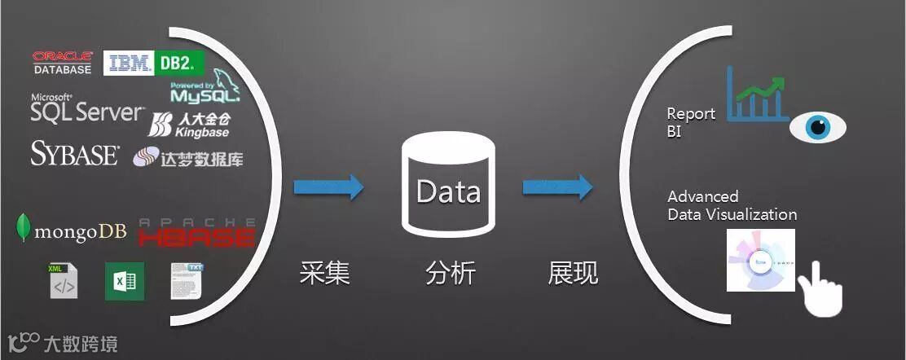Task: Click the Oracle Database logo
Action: pyautogui.click(x=62, y=63)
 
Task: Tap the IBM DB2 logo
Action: pyautogui.click(x=153, y=63)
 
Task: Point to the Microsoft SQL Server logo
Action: pyautogui.click(x=86, y=109)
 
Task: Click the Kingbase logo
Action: pyautogui.click(x=189, y=124)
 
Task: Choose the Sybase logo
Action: pyautogui.click(x=75, y=153)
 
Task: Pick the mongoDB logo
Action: pyautogui.click(x=72, y=230)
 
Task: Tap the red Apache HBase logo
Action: pyautogui.click(x=197, y=232)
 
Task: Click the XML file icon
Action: pyautogui.click(x=64, y=280)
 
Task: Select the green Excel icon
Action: pyautogui.click(x=125, y=281)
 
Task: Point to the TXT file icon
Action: pyautogui.click(x=187, y=280)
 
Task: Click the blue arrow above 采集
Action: pyautogui.click(x=328, y=187)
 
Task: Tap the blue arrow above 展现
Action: pyautogui.click(x=557, y=187)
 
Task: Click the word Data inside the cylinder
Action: pyautogui.click(x=448, y=192)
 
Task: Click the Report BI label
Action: pyautogui.click(x=690, y=122)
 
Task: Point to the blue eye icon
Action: pyautogui.click(x=818, y=128)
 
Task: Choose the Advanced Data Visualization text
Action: pyautogui.click(x=732, y=205)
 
